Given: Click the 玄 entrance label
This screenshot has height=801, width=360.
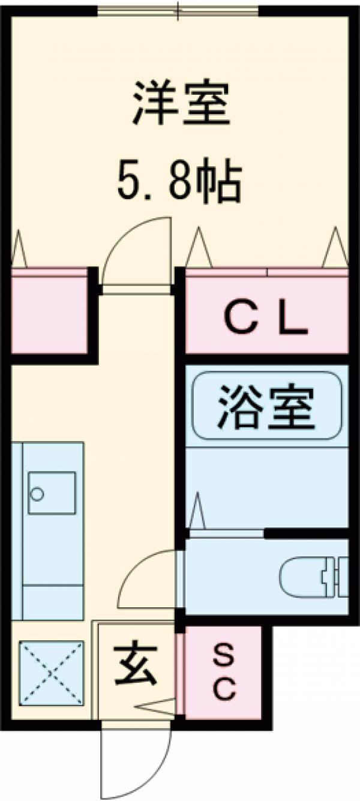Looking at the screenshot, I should coord(136,665).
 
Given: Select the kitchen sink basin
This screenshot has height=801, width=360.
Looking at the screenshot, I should coord(52,493).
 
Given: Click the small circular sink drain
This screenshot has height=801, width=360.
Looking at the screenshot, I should coord(38,494).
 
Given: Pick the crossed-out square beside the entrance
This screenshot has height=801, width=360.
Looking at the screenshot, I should coord(52,673).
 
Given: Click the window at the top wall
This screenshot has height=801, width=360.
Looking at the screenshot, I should coord(178,10).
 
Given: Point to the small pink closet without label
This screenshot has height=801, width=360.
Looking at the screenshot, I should coord(49,315).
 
